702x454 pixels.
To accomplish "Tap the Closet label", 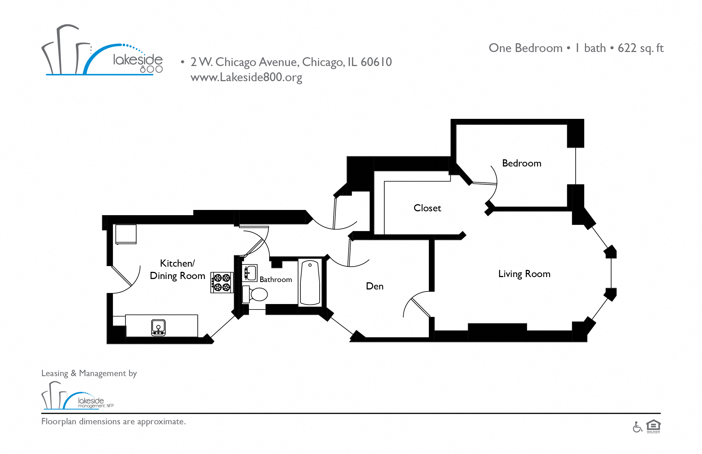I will point(427,208).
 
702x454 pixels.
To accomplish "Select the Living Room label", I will point(524,274).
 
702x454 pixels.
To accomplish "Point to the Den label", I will point(375,286).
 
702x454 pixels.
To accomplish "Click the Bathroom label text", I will point(276,280).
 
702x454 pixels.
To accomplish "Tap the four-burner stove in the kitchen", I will point(222,282).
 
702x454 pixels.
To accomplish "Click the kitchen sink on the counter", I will point(158,327).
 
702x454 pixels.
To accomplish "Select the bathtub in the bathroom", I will point(310,282).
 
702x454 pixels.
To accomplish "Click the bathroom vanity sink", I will point(250,273).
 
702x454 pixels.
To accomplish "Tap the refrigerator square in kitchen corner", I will point(126,234).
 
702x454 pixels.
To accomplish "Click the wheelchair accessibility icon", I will point(637,427).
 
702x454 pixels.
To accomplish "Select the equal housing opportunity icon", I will point(653,426).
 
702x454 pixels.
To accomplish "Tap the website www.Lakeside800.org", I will point(246,77).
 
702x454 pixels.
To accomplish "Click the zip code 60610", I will point(376,62).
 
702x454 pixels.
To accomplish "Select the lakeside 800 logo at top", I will point(102,50).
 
